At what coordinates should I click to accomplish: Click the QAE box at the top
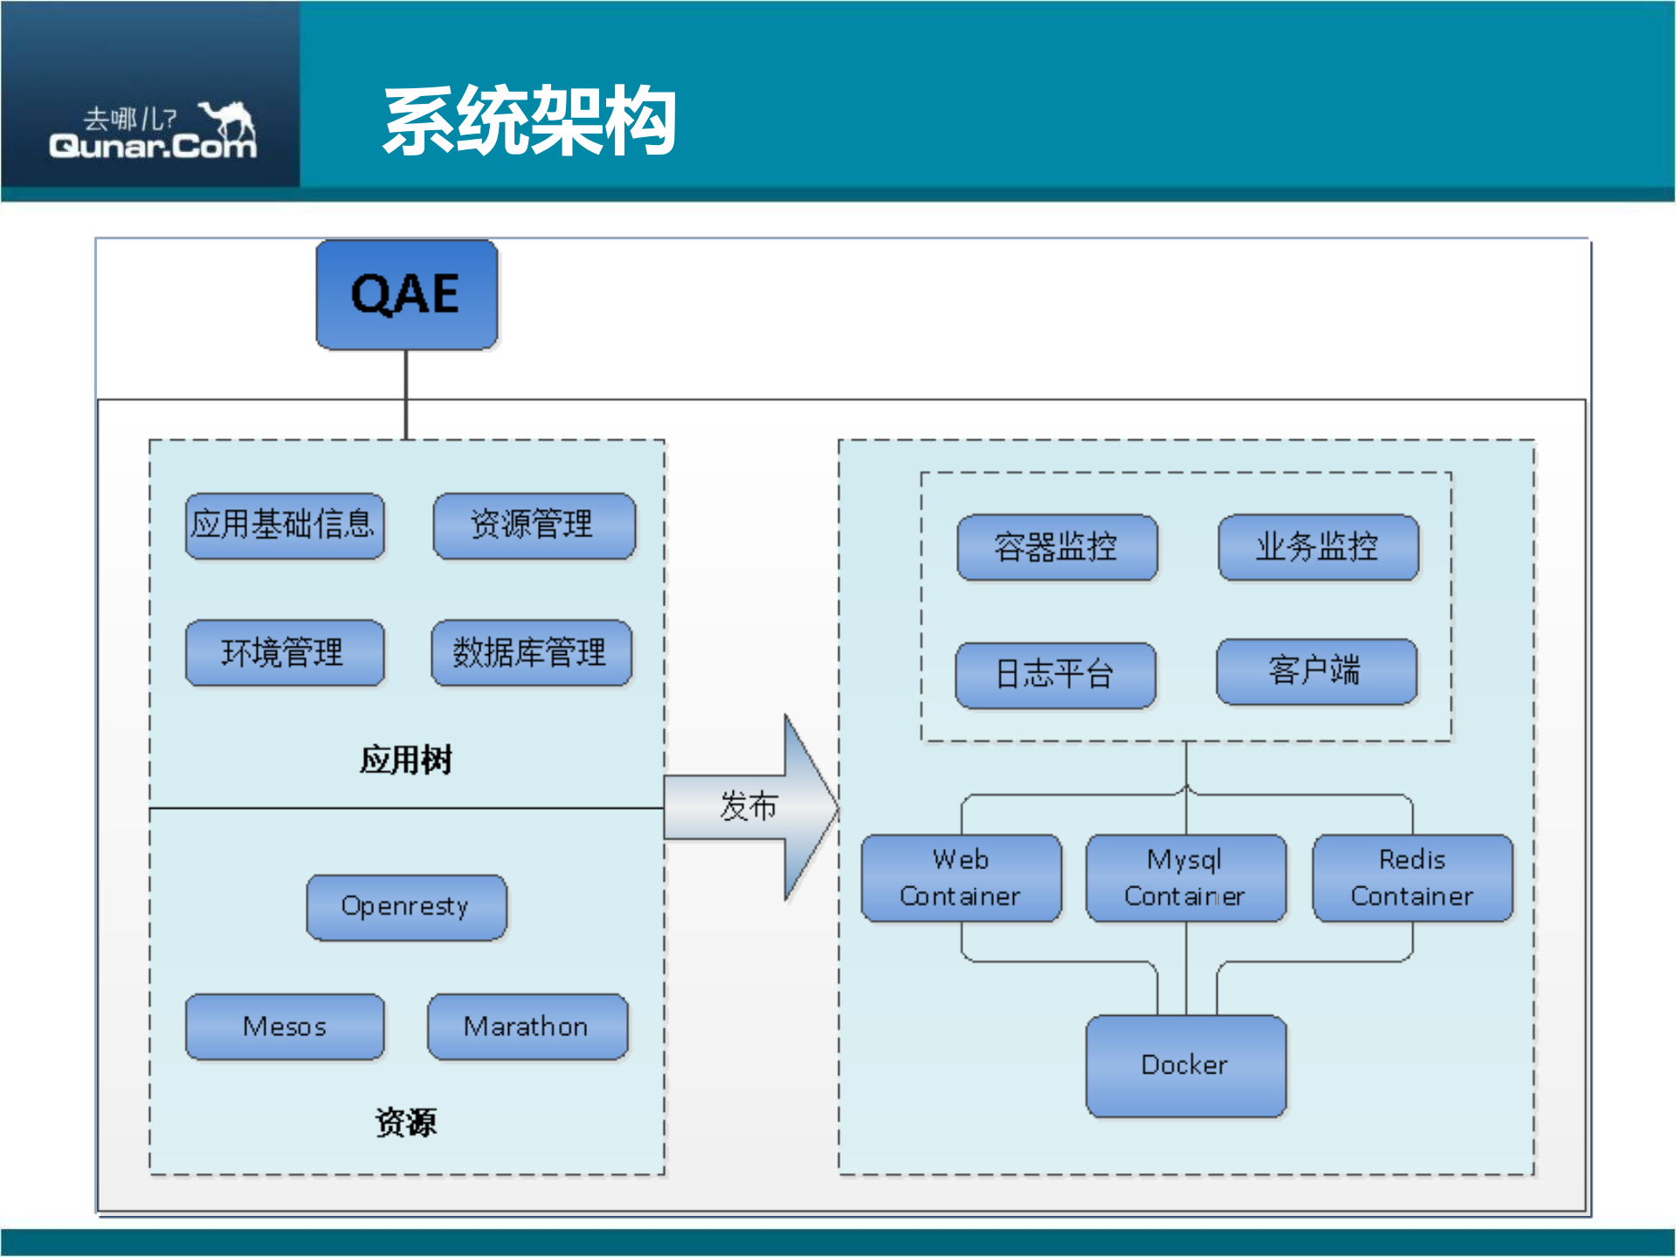[x=406, y=295]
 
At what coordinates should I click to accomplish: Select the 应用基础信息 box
[x=285, y=525]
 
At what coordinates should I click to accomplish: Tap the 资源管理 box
[x=534, y=525]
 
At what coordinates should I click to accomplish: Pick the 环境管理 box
[x=285, y=653]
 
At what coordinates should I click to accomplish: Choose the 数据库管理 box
[x=531, y=653]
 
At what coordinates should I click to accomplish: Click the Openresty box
[x=406, y=907]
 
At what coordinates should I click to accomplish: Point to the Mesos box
[x=285, y=1026]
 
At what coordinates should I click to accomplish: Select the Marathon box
[x=527, y=1026]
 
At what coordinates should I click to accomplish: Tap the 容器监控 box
[x=1057, y=547]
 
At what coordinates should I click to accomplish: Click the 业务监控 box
[x=1318, y=547]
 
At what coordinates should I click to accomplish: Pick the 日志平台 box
[x=1055, y=674]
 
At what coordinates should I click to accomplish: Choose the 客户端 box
[x=1316, y=671]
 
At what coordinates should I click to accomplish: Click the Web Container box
[x=961, y=878]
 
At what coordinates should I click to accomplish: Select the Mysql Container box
[x=1185, y=878]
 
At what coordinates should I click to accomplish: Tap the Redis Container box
[x=1412, y=878]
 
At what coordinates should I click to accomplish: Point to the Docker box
[x=1185, y=1065]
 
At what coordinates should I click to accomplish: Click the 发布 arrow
[x=749, y=806]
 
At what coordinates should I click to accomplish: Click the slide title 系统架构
[x=530, y=121]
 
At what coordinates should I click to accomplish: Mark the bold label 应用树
[x=406, y=760]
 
